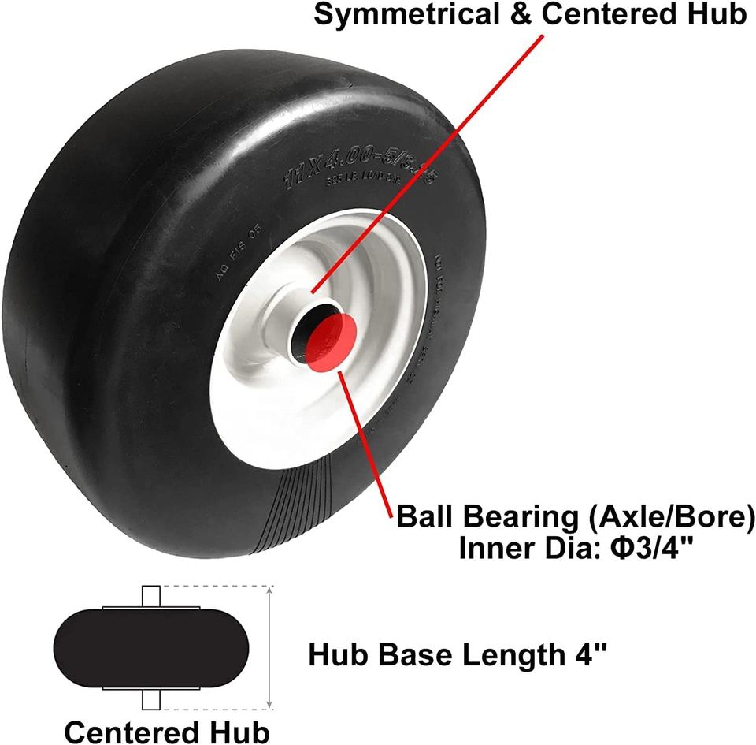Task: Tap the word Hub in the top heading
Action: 716,15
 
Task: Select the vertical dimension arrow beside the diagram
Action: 271,647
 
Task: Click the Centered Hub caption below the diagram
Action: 167,732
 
